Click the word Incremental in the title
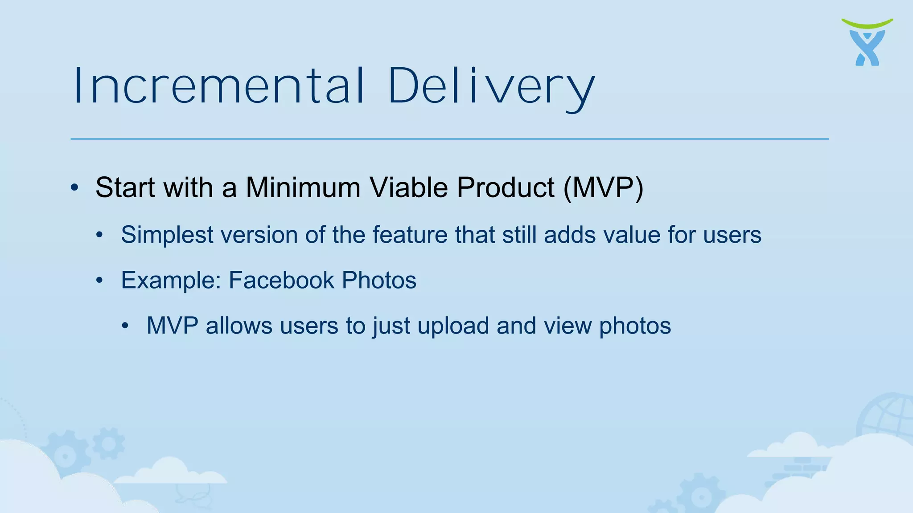[x=219, y=85]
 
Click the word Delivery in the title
[x=491, y=87]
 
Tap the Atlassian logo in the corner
[x=867, y=43]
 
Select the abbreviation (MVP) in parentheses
[x=603, y=187]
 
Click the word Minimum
[x=303, y=187]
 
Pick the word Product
[x=506, y=187]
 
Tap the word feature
[x=410, y=235]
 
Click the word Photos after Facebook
[x=379, y=280]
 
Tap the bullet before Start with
[x=74, y=187]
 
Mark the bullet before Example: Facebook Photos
[x=100, y=281]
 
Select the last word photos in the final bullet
[x=635, y=326]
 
